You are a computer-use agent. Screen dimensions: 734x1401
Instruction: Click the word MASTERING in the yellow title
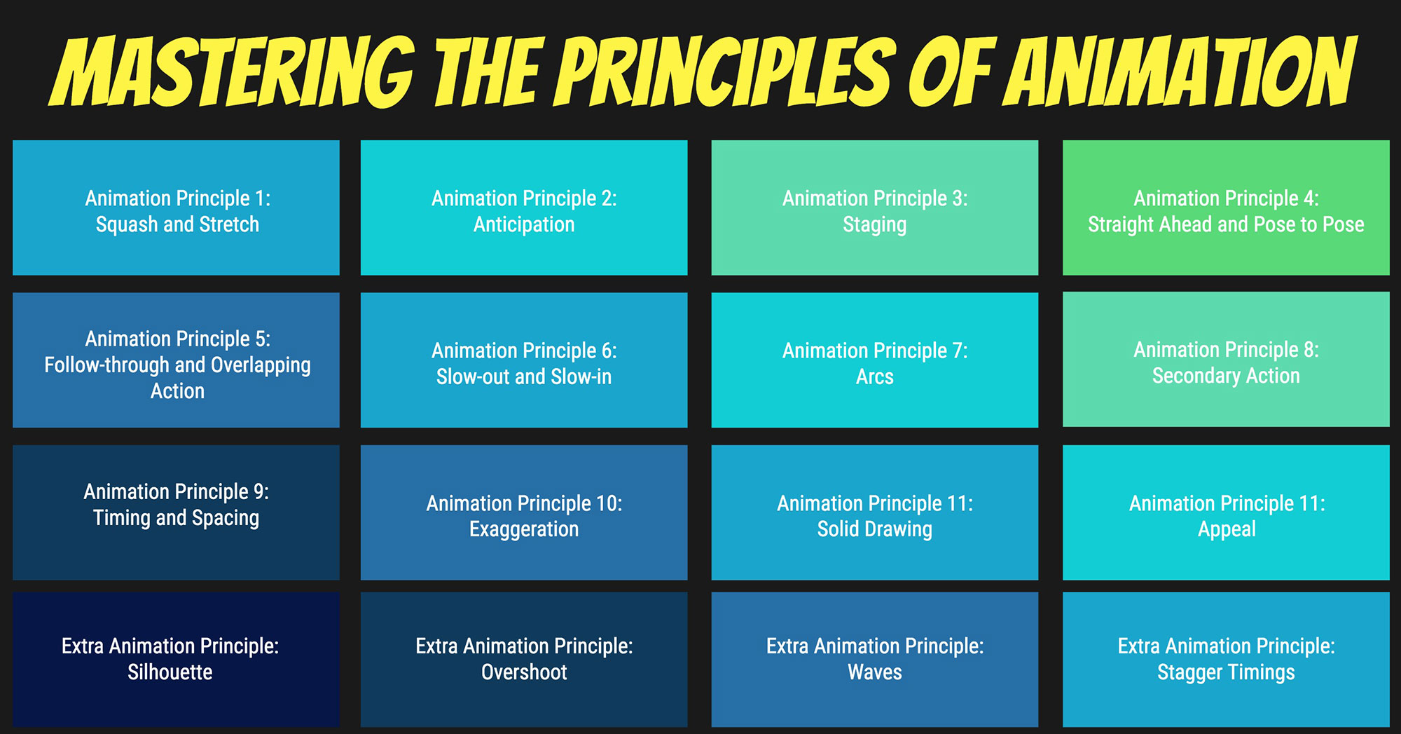(x=231, y=72)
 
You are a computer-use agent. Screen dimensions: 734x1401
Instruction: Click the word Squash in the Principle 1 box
(x=127, y=224)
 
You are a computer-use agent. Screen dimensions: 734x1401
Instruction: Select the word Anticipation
(x=524, y=224)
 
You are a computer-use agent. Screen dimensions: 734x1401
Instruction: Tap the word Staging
(x=874, y=224)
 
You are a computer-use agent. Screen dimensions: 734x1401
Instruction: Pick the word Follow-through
(x=106, y=365)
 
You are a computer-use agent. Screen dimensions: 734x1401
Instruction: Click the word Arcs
(x=874, y=376)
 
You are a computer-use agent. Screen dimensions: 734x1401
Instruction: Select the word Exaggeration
(x=524, y=529)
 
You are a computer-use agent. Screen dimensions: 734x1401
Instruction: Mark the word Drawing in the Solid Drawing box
(x=899, y=529)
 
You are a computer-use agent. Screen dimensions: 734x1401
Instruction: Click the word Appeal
(x=1227, y=529)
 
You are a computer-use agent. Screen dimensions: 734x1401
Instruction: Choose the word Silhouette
(x=170, y=672)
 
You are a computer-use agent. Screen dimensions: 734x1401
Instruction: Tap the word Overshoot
(x=524, y=672)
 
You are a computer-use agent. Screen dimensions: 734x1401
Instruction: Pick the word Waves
(x=874, y=672)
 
